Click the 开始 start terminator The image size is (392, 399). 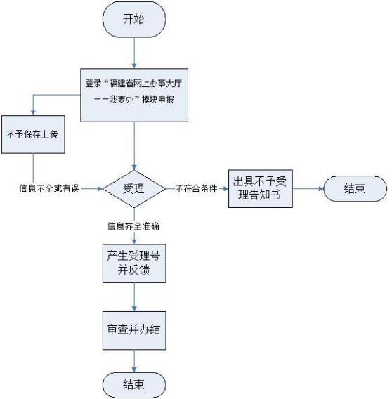coord(134,20)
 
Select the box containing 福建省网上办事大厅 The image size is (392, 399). coord(134,95)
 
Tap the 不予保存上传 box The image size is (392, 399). coord(33,134)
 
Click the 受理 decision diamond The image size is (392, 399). coord(134,189)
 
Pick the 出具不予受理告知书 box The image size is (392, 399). coord(260,188)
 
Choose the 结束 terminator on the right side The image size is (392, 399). coord(355,188)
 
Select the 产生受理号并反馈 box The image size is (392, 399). coord(134,263)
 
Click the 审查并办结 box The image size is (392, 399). coord(134,330)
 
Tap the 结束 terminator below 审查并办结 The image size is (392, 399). coord(134,385)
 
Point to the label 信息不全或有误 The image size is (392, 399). coord(49,188)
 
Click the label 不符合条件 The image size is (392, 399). coord(196,188)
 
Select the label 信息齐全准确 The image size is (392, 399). coord(133,226)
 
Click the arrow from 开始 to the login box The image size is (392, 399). coord(134,53)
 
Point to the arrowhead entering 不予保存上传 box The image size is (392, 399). coord(33,112)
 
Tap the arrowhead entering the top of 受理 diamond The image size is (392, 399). coord(134,167)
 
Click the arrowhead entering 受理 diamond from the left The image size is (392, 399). coord(100,189)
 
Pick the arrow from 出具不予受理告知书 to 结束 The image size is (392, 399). coord(308,189)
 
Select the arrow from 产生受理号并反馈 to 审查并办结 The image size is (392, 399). coord(134,297)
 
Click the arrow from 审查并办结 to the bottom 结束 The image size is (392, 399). coord(134,361)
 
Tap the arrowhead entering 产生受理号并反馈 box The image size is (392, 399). coord(134,242)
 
